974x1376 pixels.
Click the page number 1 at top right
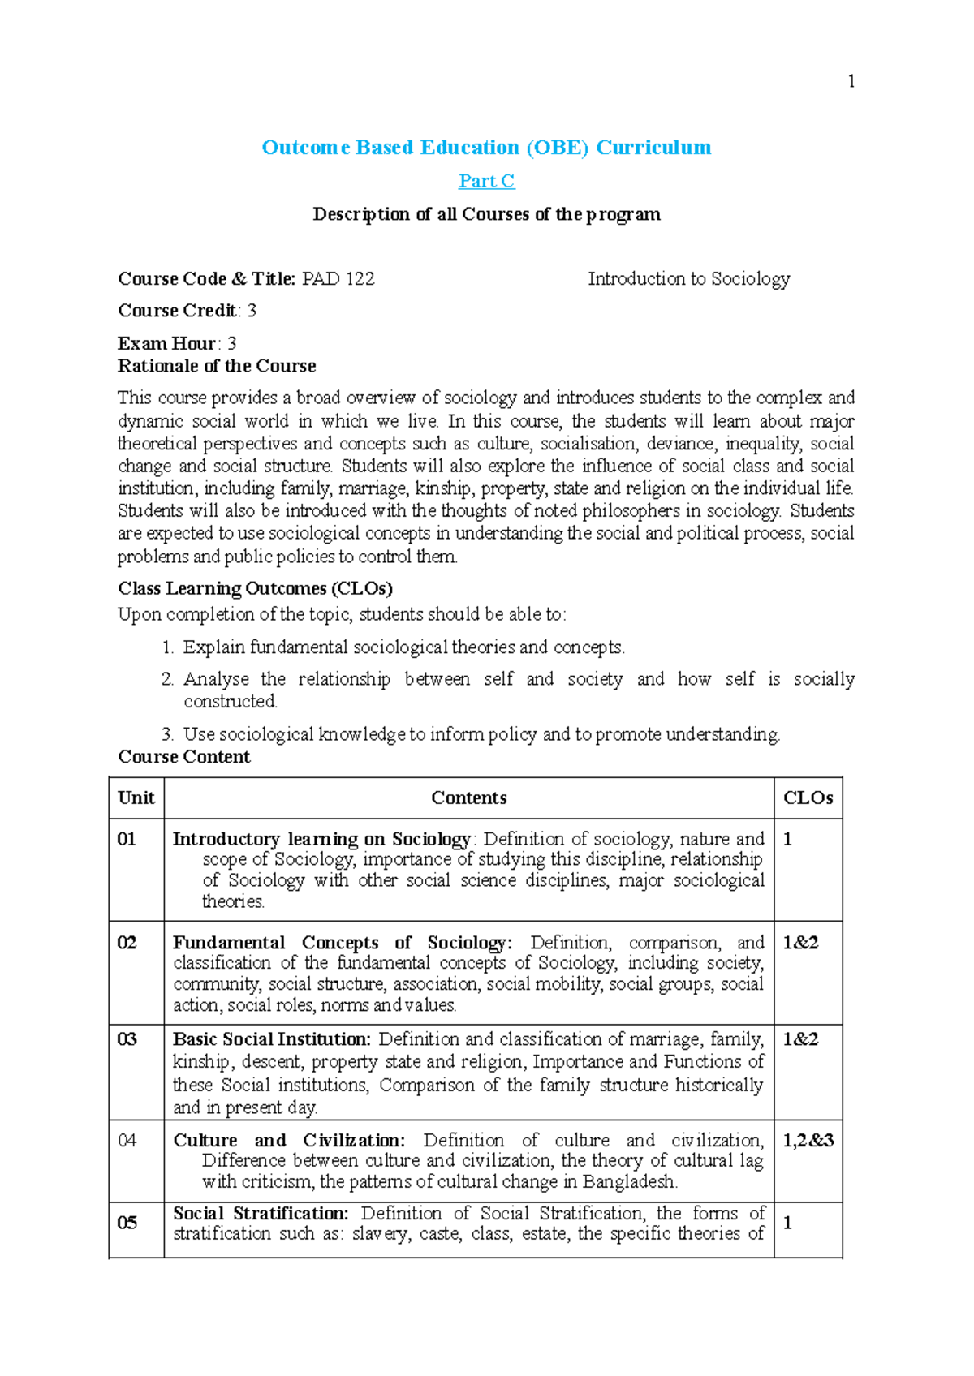point(851,81)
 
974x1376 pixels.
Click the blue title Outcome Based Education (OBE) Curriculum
point(486,148)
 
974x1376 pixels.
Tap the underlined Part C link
point(486,181)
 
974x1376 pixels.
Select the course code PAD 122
point(338,279)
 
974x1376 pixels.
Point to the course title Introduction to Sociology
point(688,279)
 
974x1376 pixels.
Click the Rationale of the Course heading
point(217,366)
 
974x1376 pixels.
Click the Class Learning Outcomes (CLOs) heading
point(255,588)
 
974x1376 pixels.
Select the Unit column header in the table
point(136,798)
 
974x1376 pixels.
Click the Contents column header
point(468,798)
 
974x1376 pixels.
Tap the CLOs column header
point(808,798)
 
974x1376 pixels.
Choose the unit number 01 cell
point(127,839)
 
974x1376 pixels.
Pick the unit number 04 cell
point(127,1141)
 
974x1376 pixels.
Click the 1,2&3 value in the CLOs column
point(808,1141)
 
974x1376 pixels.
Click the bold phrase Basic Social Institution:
point(272,1039)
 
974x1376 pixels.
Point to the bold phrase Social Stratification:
point(261,1214)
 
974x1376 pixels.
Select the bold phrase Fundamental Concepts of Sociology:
point(342,943)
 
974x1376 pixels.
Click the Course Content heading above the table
point(184,757)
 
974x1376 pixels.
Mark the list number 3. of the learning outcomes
point(167,735)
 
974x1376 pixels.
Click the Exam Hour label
point(166,343)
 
